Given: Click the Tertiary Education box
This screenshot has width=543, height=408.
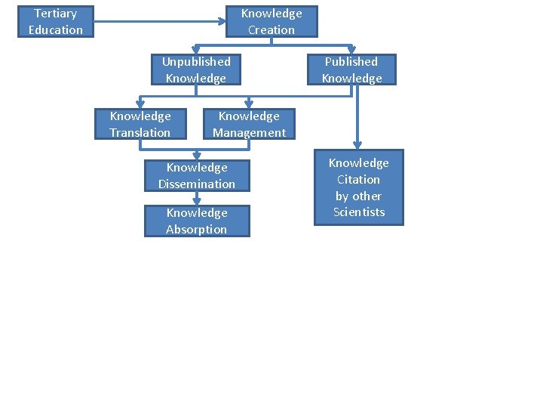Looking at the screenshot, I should coord(56,21).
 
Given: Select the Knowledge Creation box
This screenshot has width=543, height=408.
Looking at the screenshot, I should coord(271,21).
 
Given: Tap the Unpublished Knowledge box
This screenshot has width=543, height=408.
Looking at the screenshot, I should coord(196,70).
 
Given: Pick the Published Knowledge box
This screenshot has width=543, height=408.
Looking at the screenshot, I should coord(351,70).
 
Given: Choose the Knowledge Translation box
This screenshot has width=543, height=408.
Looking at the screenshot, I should coord(140,124).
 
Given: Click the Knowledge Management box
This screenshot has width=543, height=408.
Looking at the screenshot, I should coord(249,124).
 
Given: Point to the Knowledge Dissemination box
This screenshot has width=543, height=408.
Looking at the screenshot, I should coord(197,175).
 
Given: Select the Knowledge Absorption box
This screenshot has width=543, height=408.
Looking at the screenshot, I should coord(197,221).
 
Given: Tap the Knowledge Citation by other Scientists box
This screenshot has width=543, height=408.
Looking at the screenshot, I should coord(358,187).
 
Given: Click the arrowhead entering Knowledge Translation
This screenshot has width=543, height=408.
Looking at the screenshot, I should coord(140,104).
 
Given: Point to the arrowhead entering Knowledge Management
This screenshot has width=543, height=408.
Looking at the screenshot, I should coord(249,104).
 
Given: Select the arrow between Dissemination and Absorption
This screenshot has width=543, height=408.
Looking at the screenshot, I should coord(197,198).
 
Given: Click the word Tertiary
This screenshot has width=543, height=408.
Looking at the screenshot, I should coord(56,14).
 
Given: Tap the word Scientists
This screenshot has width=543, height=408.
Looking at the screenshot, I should coord(359,212).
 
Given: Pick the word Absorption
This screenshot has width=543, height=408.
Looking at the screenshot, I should coord(196,229).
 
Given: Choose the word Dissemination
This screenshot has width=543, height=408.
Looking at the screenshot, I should coord(197,184).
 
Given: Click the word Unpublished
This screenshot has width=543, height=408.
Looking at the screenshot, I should coord(196,61).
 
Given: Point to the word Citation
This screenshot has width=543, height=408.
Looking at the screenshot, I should coord(359,179).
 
